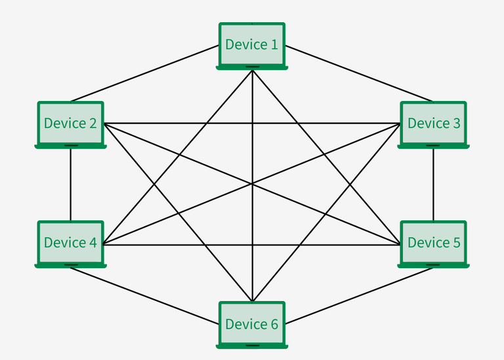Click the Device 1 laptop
click(x=252, y=45)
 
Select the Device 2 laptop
click(x=70, y=123)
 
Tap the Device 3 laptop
click(x=433, y=123)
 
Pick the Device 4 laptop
click(x=70, y=243)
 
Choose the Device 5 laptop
click(x=433, y=243)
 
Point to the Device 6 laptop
click(x=252, y=324)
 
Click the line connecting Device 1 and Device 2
click(x=144, y=73)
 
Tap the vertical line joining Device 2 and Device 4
click(x=70, y=185)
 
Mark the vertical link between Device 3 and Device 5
click(x=433, y=185)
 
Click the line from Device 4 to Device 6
click(x=144, y=296)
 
